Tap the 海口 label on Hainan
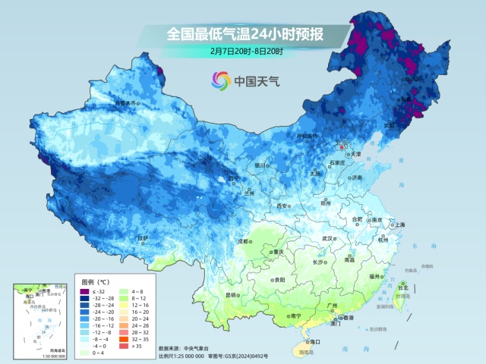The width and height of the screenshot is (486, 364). (315, 342)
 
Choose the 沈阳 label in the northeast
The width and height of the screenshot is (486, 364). (390, 125)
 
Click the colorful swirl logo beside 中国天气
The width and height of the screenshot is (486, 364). (221, 80)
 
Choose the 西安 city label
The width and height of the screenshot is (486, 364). (282, 206)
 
